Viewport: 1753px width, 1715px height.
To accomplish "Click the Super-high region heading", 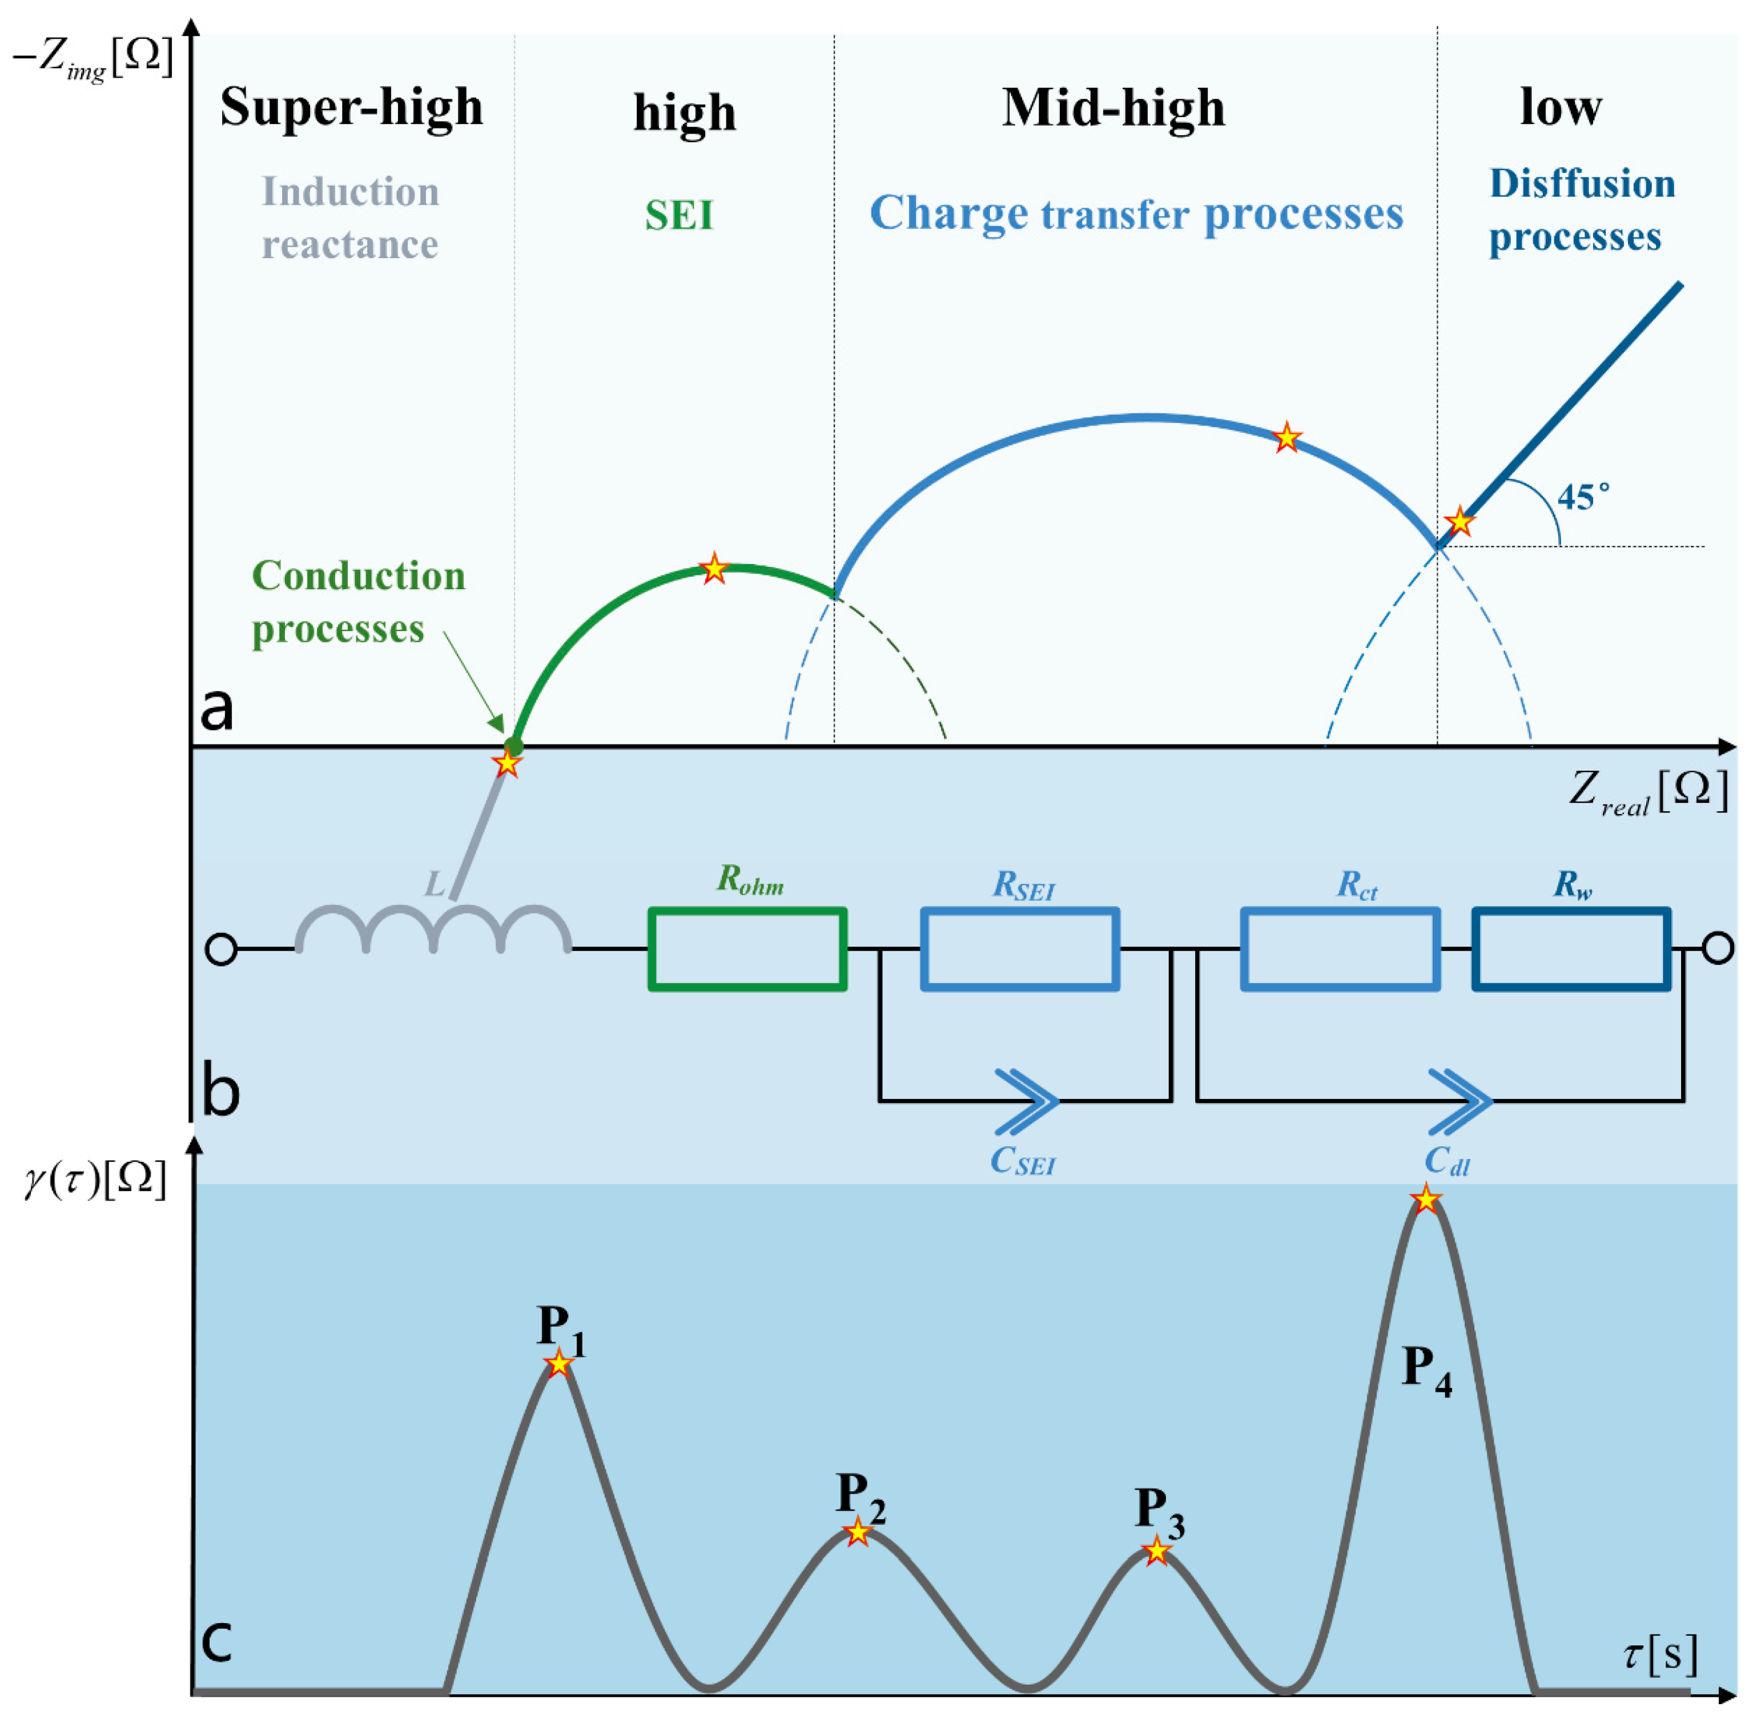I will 351,108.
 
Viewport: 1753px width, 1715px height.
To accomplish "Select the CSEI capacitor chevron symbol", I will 1027,1101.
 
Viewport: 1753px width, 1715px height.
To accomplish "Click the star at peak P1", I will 560,1363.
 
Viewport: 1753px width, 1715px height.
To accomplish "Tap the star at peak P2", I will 858,1531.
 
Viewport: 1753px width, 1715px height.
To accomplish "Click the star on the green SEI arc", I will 713,569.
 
